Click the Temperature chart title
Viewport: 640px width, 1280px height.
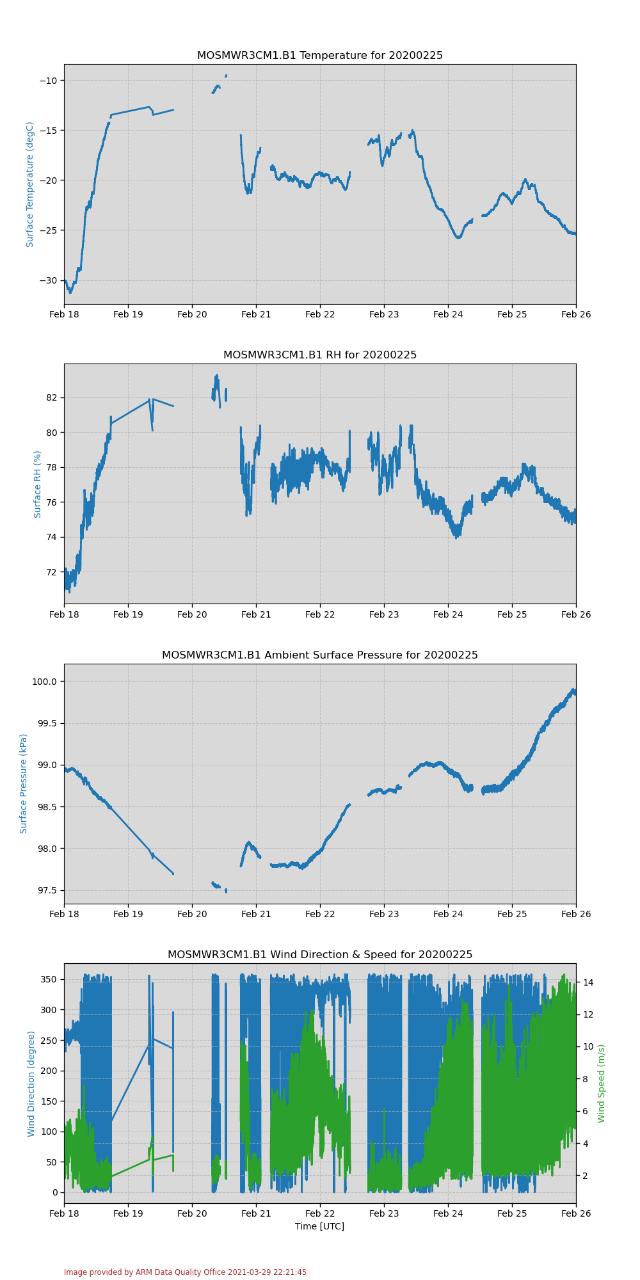(x=319, y=56)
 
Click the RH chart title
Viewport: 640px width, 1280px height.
(x=319, y=355)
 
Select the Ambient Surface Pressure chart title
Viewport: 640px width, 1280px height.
(x=319, y=655)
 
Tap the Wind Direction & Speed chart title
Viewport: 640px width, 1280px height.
(x=319, y=955)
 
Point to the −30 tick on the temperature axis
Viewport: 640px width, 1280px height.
(x=48, y=280)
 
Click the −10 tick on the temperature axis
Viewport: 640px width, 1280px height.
(x=48, y=81)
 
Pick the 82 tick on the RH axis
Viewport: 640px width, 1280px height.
(x=52, y=397)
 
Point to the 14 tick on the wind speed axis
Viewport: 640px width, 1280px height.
(x=587, y=982)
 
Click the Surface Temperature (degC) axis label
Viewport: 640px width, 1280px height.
(x=30, y=184)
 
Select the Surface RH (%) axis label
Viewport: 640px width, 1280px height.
(x=38, y=484)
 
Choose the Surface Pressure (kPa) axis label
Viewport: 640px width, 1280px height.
(x=24, y=783)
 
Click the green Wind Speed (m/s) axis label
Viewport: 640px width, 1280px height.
(x=602, y=1084)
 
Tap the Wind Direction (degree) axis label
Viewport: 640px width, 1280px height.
(x=31, y=1084)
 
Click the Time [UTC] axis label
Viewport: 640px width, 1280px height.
(x=319, y=1226)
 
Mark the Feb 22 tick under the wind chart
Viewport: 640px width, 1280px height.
(x=320, y=1213)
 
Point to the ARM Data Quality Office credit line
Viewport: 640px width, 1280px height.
(x=185, y=1272)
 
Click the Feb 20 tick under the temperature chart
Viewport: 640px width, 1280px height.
(x=192, y=314)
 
